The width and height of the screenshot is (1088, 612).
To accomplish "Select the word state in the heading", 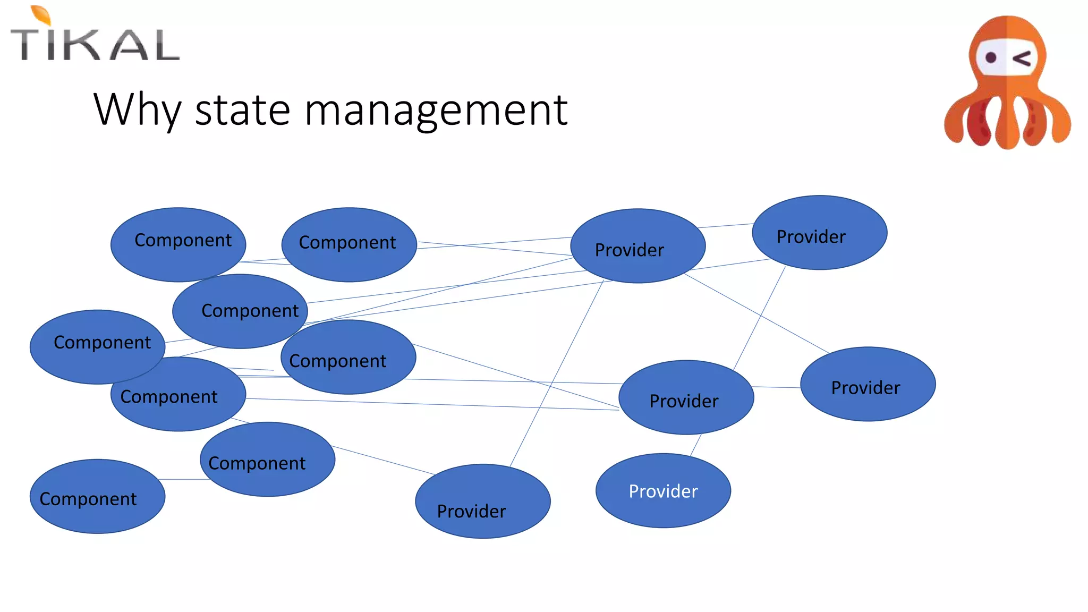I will (242, 109).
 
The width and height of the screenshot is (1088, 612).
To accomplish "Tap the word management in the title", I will (436, 110).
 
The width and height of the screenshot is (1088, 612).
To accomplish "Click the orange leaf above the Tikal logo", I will (41, 15).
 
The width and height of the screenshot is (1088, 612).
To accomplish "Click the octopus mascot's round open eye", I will (990, 57).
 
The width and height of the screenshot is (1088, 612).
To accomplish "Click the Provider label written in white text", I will (663, 491).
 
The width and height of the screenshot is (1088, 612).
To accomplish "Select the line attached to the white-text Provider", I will (696, 445).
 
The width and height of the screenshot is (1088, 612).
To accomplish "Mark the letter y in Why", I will (171, 114).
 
